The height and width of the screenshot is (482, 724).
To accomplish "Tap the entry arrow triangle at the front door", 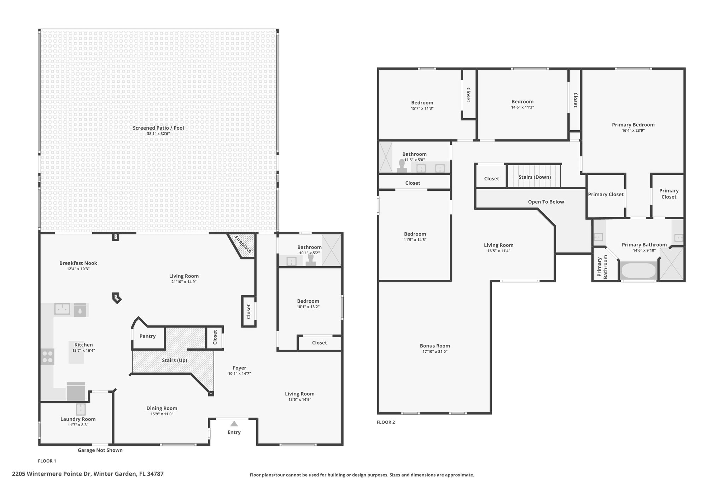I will pos(234,424).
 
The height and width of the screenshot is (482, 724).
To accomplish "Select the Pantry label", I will pos(147,336).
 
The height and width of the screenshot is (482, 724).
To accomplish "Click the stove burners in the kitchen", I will pos(47,357).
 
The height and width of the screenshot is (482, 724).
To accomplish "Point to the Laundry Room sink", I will pos(81,410).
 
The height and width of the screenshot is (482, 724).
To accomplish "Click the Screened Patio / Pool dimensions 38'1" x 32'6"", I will pos(158,134).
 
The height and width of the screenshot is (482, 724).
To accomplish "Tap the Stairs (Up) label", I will pos(174,360).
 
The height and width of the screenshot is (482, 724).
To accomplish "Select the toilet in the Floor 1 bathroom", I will pos(311,260).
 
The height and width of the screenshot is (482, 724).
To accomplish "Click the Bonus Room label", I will pos(435,346).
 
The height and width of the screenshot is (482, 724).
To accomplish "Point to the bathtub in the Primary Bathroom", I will pos(638,271).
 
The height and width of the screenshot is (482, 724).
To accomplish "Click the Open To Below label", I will pos(546,202).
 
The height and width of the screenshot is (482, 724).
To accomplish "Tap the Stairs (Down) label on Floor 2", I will pos(535,177).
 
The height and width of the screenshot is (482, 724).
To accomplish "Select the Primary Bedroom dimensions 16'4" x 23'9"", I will pos(633,130).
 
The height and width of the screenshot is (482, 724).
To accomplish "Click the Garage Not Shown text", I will pos(100,450).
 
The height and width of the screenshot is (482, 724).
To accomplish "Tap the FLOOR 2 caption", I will pos(386,422).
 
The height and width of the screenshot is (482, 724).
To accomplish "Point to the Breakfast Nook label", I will pos(78,263).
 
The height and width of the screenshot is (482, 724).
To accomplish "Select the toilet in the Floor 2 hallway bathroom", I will pos(402,166).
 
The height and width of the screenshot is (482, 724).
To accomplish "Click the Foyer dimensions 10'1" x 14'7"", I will pos(239,374).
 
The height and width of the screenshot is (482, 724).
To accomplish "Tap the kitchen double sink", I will pos(62,309).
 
